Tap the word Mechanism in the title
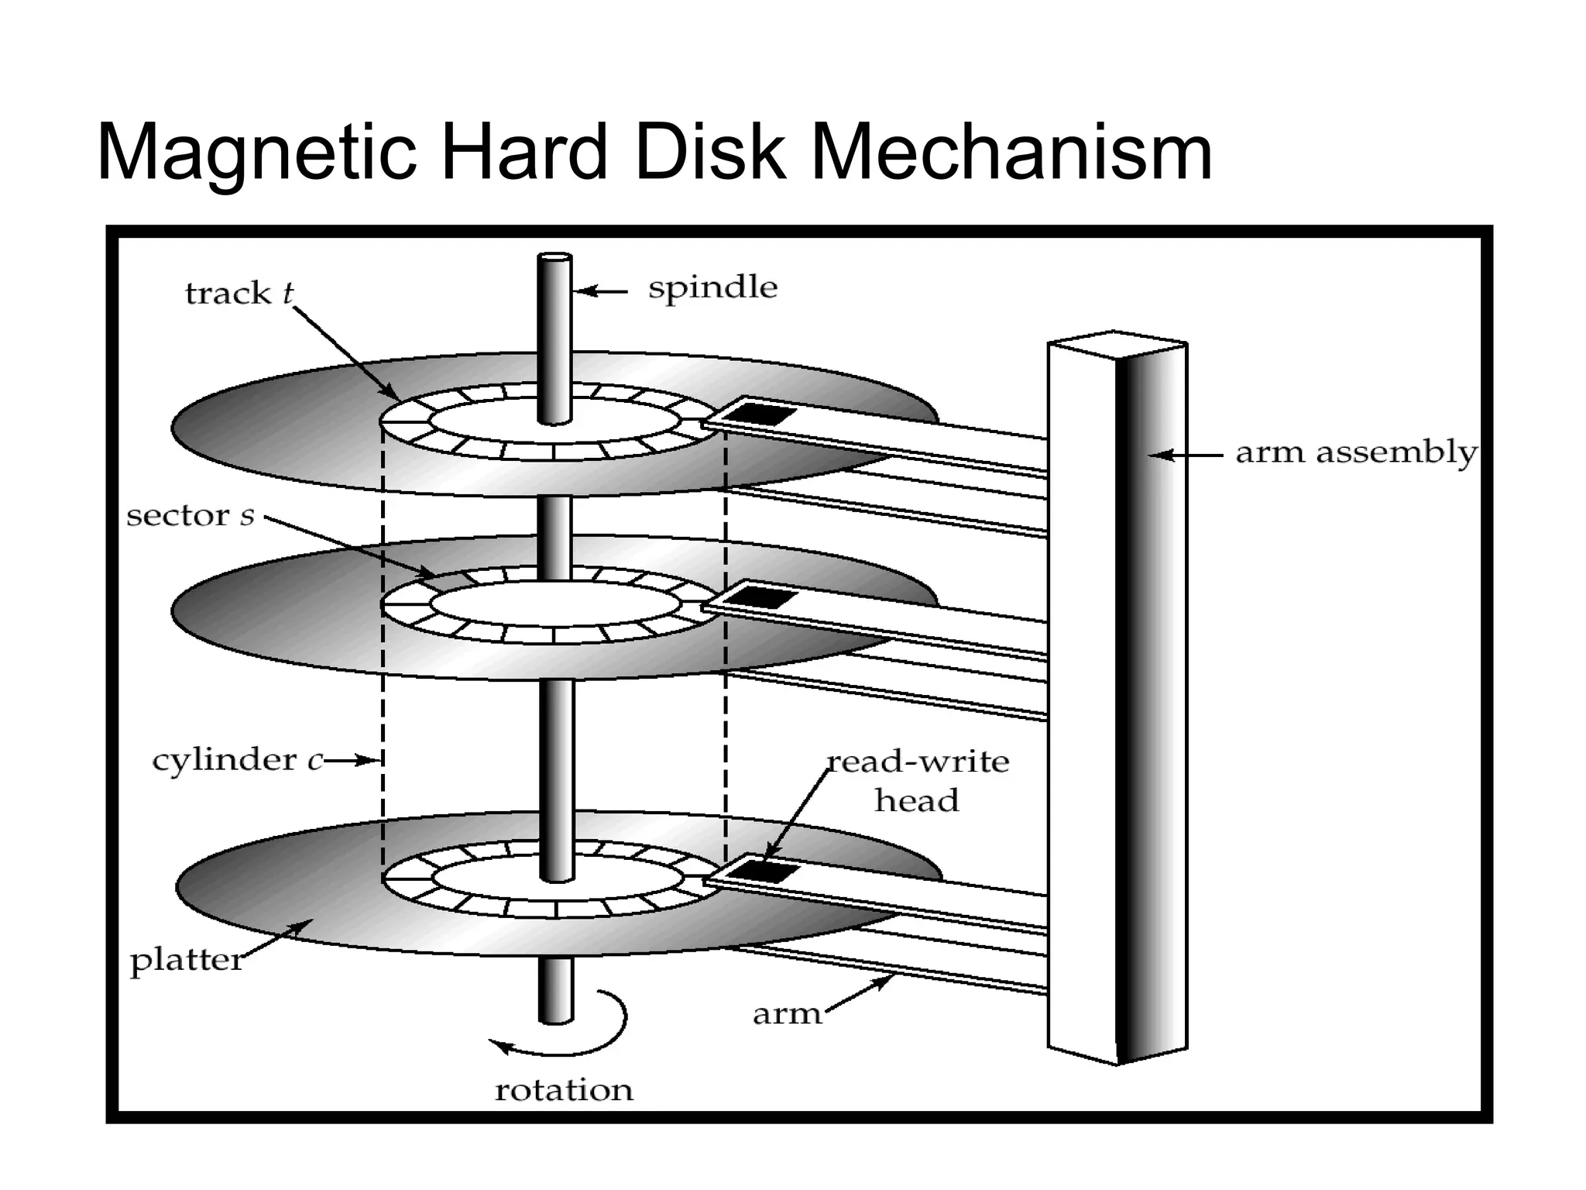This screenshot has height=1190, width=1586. pyautogui.click(x=1011, y=153)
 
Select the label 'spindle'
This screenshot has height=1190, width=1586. pyautogui.click(x=712, y=288)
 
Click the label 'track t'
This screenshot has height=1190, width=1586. pyautogui.click(x=239, y=294)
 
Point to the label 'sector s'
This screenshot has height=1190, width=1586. pyautogui.click(x=191, y=516)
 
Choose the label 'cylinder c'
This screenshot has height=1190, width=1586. pyautogui.click(x=237, y=760)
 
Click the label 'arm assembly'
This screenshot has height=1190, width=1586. pyautogui.click(x=1355, y=452)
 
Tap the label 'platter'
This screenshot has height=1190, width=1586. pyautogui.click(x=187, y=961)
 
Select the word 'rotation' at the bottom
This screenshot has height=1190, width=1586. pyautogui.click(x=564, y=1091)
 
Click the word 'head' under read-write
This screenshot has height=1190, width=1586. pyautogui.click(x=916, y=800)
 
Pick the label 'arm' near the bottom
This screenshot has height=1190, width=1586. pyautogui.click(x=787, y=1014)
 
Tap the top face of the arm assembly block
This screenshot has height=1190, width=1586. pyautogui.click(x=1115, y=341)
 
